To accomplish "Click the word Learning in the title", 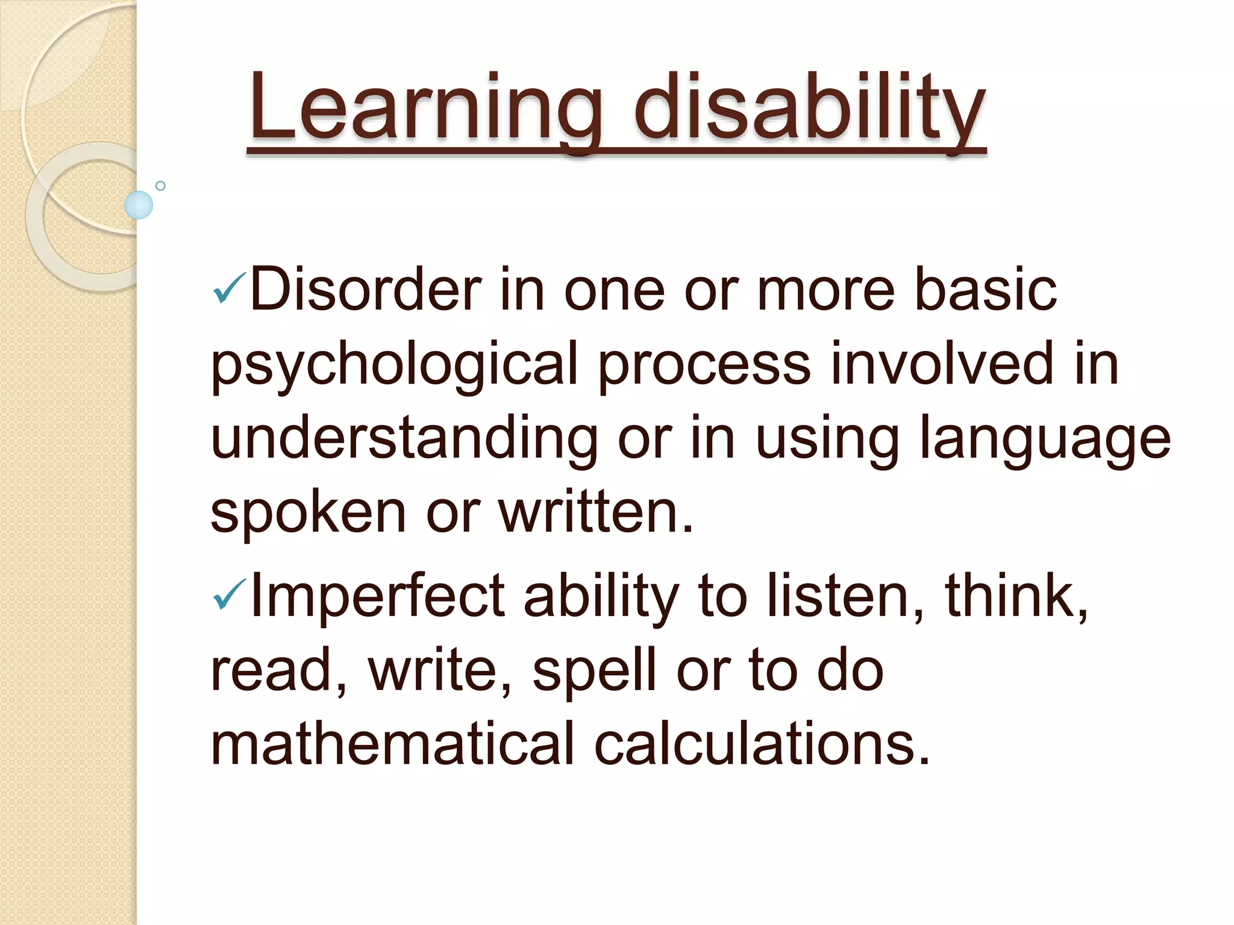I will click(x=425, y=108).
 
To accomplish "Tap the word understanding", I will click(x=404, y=438).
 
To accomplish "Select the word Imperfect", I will click(x=377, y=596).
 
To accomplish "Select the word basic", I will click(x=986, y=290).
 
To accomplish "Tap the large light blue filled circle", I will click(x=139, y=205).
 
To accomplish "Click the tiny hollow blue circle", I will click(x=160, y=185).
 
